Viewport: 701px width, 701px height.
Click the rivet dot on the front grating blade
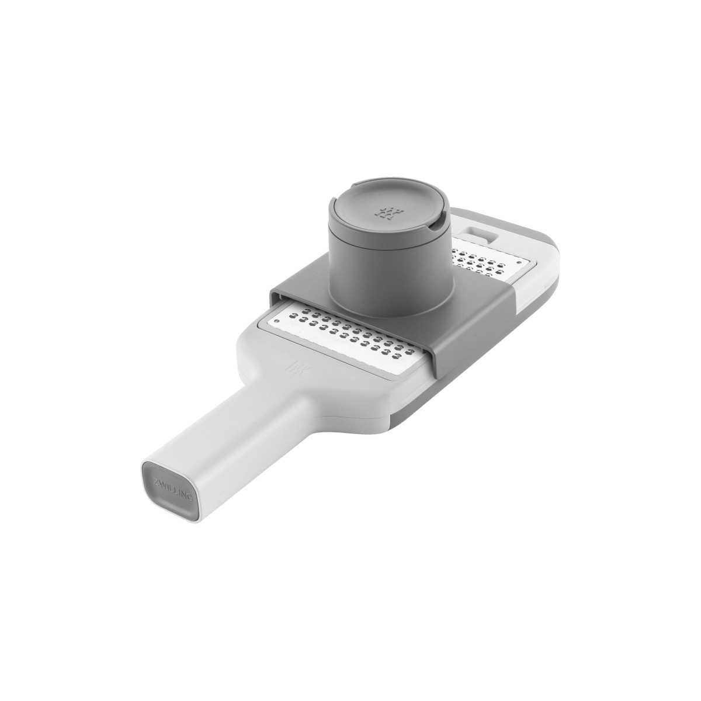point(277,321)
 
